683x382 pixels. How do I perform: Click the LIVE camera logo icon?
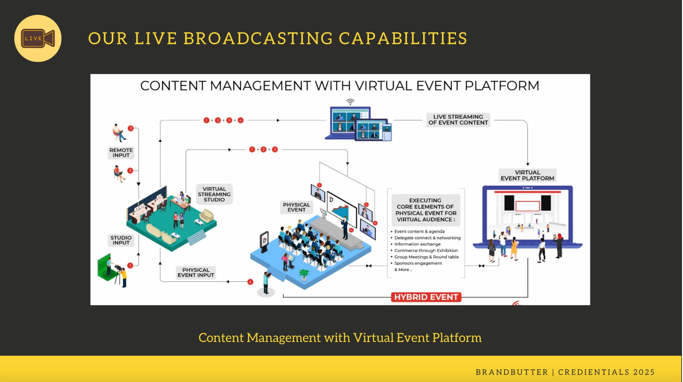[x=38, y=38]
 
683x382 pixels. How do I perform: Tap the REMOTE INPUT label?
[x=121, y=153]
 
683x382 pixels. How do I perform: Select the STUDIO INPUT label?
[x=121, y=240]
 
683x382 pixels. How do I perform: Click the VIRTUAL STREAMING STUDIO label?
[x=214, y=194]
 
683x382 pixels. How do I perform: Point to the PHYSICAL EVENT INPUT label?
[x=196, y=273]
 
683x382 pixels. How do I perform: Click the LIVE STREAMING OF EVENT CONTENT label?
[x=458, y=120]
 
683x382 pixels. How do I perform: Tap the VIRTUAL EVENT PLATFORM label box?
[x=527, y=175]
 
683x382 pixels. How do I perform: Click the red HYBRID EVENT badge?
[x=426, y=297]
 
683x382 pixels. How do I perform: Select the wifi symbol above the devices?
[x=350, y=102]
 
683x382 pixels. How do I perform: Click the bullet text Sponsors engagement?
[x=418, y=263]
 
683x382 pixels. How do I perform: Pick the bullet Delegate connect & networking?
[x=427, y=238]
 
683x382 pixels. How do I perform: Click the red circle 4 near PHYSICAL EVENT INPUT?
[x=250, y=282]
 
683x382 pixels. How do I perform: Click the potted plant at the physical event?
[x=304, y=274]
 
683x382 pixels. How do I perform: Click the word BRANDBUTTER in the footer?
[x=512, y=372]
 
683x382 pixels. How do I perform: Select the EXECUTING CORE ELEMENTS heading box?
[x=425, y=210]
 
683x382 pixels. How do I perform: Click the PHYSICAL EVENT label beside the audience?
[x=296, y=207]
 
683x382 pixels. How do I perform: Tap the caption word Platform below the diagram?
[x=457, y=338]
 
